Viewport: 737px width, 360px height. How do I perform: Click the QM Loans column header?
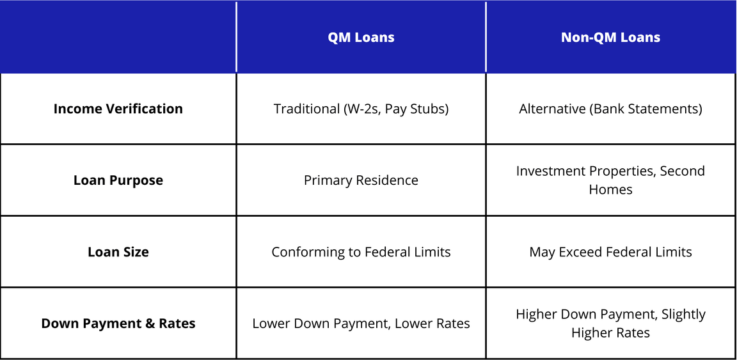pos(361,37)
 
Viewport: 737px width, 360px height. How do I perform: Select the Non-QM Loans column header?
pos(610,37)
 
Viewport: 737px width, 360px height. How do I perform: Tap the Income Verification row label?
pos(118,109)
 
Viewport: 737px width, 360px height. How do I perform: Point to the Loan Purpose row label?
pos(118,180)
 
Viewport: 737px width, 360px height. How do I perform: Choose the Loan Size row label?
pos(118,252)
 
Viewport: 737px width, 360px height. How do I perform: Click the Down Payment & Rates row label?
pos(118,324)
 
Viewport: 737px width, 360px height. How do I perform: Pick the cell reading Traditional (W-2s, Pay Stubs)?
pos(361,109)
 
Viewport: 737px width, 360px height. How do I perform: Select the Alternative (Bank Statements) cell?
pos(610,109)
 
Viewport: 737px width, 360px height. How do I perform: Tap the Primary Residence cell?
pos(361,180)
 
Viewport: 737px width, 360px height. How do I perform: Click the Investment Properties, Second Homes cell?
pos(610,180)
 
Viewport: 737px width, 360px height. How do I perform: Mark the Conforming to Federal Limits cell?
pos(361,252)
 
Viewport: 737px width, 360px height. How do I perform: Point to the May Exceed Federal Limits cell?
pos(610,252)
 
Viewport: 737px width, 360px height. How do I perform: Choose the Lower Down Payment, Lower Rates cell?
pos(361,324)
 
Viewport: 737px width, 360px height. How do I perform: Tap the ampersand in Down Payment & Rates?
pos(150,324)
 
